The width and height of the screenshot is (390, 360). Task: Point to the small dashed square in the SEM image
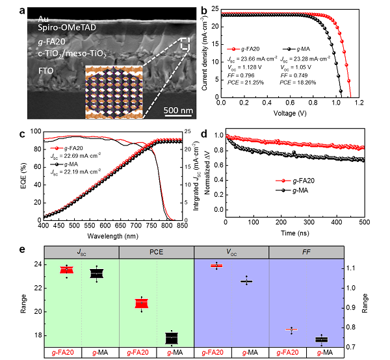click(185, 44)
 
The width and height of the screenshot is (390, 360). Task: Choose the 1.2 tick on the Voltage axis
click(372, 103)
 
